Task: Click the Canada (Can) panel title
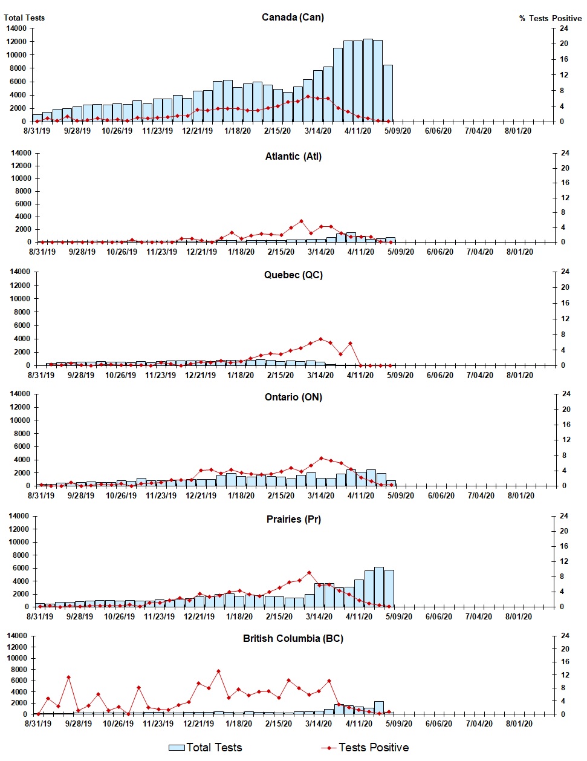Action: point(293,17)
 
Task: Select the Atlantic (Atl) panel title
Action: point(293,156)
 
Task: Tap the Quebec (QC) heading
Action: point(293,275)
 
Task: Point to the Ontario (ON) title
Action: point(293,397)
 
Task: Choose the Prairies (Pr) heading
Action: point(293,519)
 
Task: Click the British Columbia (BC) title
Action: point(293,638)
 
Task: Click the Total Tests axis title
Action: point(24,18)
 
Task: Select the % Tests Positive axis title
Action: point(550,18)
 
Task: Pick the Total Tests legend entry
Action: point(206,748)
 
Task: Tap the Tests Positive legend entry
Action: point(365,748)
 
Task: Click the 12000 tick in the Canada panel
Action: point(17,42)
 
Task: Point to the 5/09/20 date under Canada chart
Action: point(398,131)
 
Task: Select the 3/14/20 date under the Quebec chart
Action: point(320,375)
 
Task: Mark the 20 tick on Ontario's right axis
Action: point(566,410)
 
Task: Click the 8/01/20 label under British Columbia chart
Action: point(518,723)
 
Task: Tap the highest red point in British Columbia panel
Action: point(218,671)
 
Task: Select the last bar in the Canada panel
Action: point(388,93)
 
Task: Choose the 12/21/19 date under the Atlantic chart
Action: point(201,252)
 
